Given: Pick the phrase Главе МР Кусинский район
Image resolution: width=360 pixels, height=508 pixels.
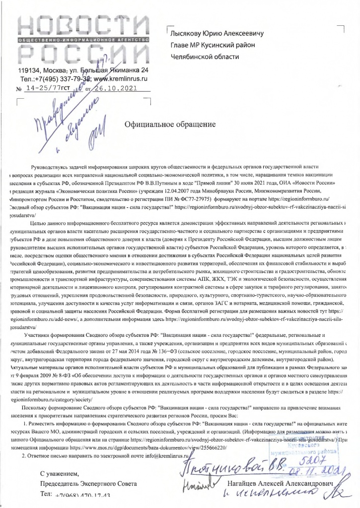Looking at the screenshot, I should point(212,45).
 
